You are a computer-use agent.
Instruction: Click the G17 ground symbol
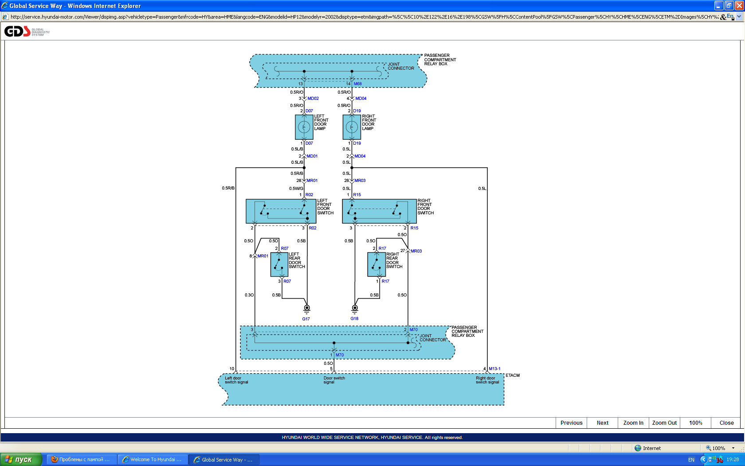(x=306, y=308)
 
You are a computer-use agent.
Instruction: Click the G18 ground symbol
(x=355, y=308)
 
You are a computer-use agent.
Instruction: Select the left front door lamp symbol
(x=304, y=127)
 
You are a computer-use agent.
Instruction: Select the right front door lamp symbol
(x=352, y=127)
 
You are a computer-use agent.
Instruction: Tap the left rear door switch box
(x=279, y=265)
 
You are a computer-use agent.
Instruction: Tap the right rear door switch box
(x=376, y=265)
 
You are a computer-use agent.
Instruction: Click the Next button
(x=602, y=423)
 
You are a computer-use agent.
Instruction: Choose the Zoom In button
(x=633, y=423)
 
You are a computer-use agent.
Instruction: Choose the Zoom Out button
(x=664, y=423)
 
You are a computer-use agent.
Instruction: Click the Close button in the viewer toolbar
(x=726, y=423)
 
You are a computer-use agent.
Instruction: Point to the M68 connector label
(x=357, y=84)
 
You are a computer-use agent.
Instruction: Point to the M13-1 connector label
(x=494, y=369)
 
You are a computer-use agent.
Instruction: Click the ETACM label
(x=513, y=375)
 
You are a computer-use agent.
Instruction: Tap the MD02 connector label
(x=313, y=99)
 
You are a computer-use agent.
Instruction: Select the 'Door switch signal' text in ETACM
(x=334, y=380)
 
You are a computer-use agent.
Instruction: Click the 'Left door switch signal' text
(x=236, y=380)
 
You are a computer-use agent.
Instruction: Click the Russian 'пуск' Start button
(x=20, y=459)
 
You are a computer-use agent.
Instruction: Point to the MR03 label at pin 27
(x=416, y=251)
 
